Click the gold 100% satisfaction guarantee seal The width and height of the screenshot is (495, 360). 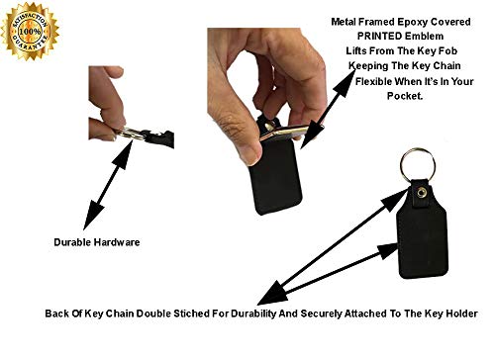[x=31, y=32]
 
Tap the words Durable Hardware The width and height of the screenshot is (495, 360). [x=97, y=242]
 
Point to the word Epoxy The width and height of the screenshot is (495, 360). [x=412, y=22]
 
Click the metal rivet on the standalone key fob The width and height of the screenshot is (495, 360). [x=421, y=192]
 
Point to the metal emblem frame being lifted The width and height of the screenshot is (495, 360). [x=290, y=132]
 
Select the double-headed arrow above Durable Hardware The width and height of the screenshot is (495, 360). [x=108, y=185]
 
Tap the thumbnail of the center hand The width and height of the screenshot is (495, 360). [x=253, y=156]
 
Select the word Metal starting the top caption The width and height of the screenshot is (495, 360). [x=344, y=22]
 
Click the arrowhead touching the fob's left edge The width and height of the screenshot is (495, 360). [x=388, y=250]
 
